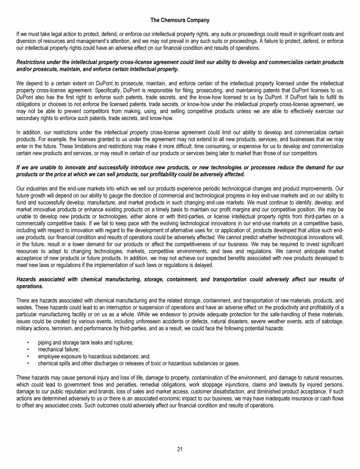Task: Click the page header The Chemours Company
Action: pos(180,20)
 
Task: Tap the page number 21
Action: pos(180,449)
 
